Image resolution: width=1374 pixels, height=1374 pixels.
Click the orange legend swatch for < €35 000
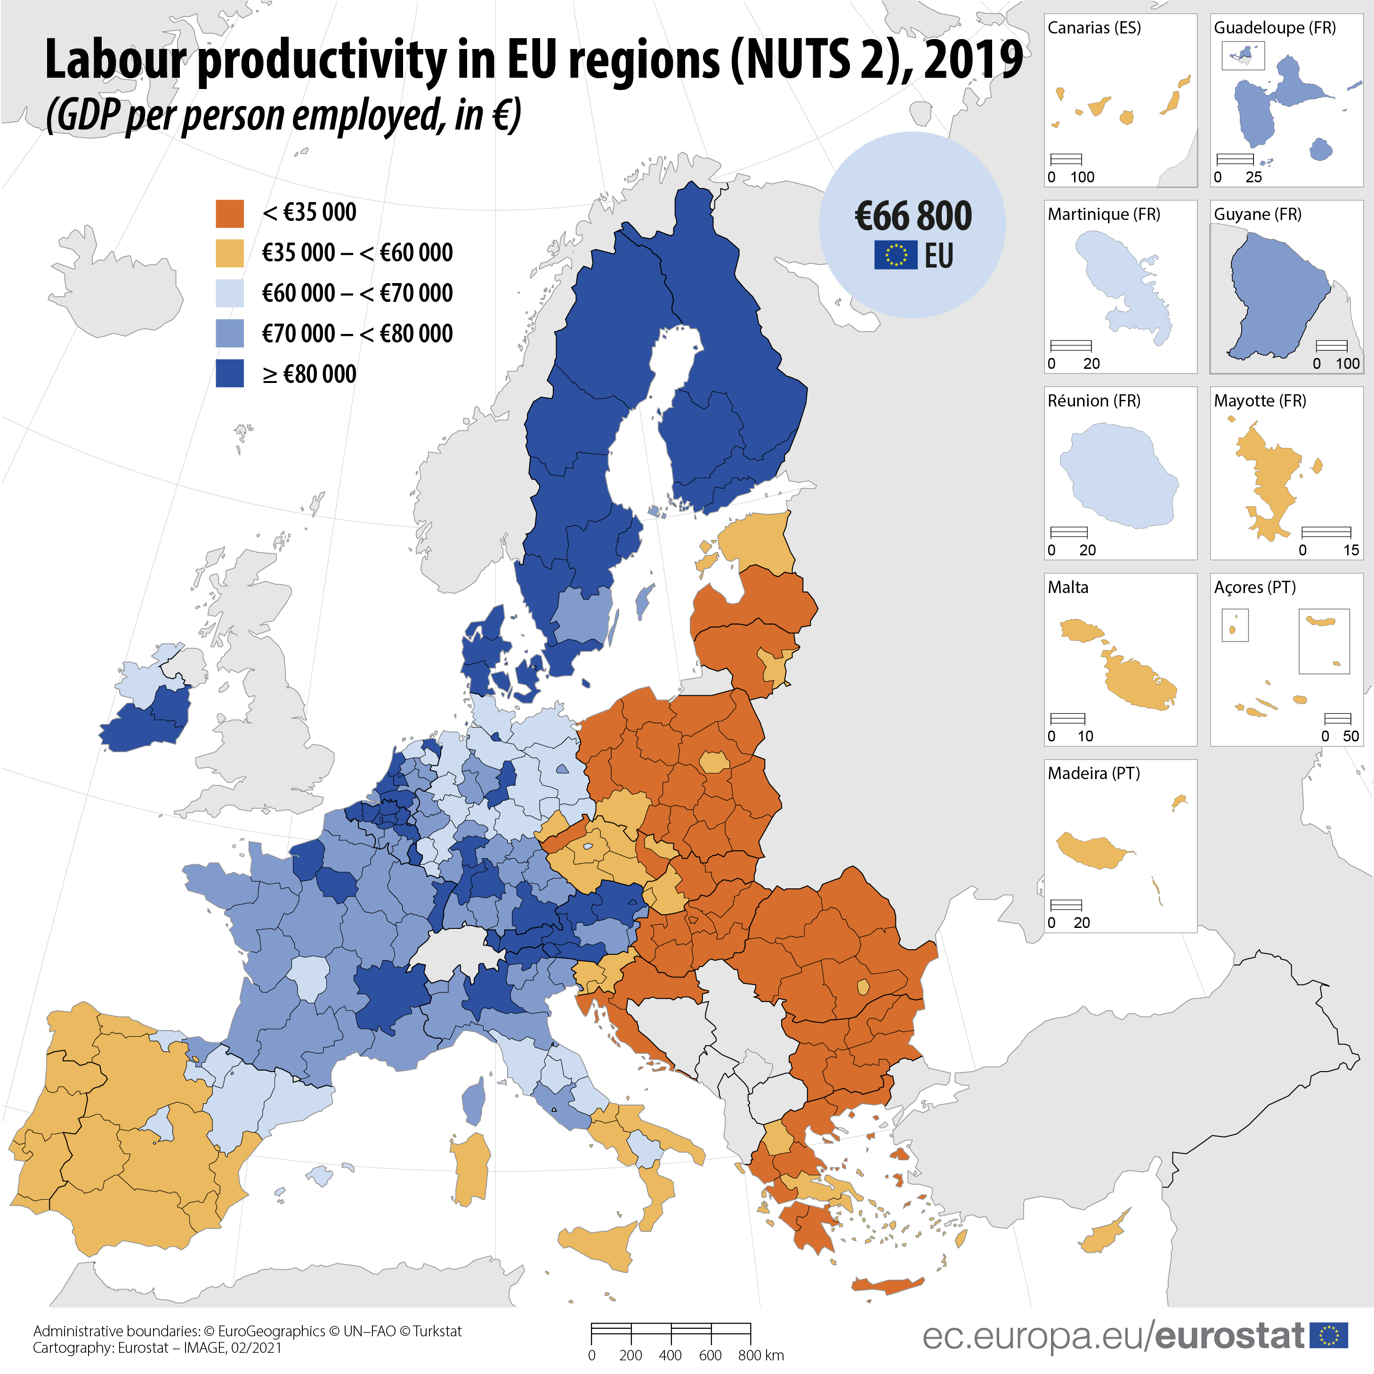point(230,213)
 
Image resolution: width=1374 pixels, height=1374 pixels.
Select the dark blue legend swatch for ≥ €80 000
point(230,374)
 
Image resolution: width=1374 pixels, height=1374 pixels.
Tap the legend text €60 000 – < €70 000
point(357,293)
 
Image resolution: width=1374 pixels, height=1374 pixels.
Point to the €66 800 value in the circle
point(913,216)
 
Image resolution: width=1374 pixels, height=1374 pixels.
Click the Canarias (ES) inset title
point(1094,28)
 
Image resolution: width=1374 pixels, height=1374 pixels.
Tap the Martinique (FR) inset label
point(1104,214)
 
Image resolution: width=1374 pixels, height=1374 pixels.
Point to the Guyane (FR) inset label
point(1257,214)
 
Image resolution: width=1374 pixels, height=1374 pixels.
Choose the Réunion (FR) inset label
point(1094,400)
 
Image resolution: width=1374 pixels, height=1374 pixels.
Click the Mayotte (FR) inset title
point(1260,400)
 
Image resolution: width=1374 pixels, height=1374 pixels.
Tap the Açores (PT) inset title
point(1254,587)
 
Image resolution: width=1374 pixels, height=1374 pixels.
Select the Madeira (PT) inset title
point(1094,773)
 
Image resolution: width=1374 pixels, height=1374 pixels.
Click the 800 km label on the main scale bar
point(760,1355)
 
